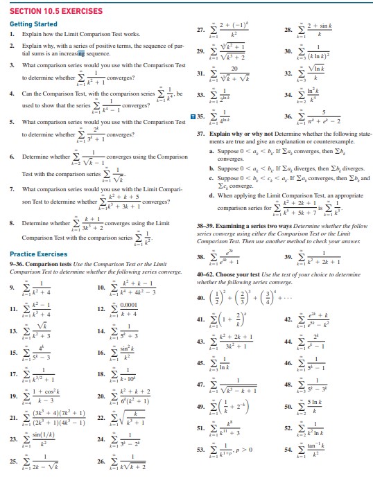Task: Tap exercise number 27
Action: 199,28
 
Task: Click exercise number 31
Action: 200,74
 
